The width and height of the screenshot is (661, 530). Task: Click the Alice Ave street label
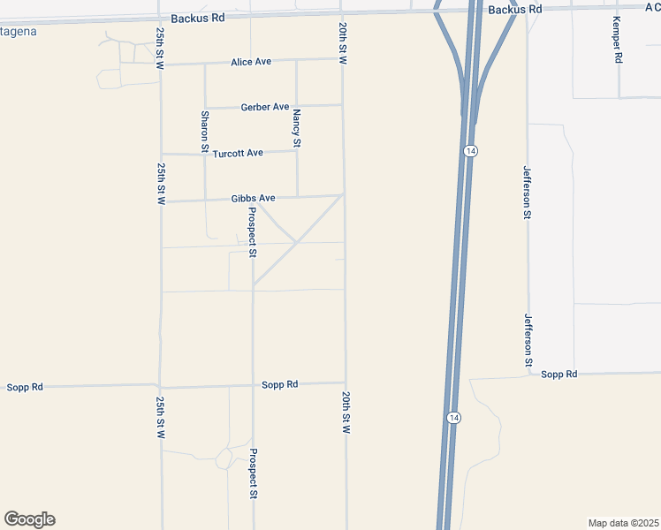pos(250,62)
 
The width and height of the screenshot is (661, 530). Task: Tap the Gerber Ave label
pos(264,107)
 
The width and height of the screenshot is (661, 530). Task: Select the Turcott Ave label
pos(238,153)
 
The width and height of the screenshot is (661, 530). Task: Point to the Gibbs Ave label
pos(254,198)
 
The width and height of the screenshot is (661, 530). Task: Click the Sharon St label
pos(204,128)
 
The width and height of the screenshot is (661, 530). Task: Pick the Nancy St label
pos(297,128)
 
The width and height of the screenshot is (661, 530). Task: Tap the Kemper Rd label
pos(618,41)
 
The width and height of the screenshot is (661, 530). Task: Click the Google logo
pos(29,519)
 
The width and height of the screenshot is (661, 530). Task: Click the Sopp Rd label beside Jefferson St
pos(558,375)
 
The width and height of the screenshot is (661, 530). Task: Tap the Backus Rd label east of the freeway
pos(515,9)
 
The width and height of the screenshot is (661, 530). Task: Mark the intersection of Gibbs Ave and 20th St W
pos(343,195)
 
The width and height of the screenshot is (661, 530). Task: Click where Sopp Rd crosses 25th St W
pos(160,386)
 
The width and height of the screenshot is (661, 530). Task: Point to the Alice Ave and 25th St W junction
pos(161,64)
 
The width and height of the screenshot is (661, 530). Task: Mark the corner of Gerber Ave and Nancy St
pos(296,106)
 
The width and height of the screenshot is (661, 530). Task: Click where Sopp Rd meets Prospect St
pos(253,385)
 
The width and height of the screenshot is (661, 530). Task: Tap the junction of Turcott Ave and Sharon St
pos(205,154)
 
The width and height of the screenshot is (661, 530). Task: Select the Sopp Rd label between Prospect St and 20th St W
pos(279,384)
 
